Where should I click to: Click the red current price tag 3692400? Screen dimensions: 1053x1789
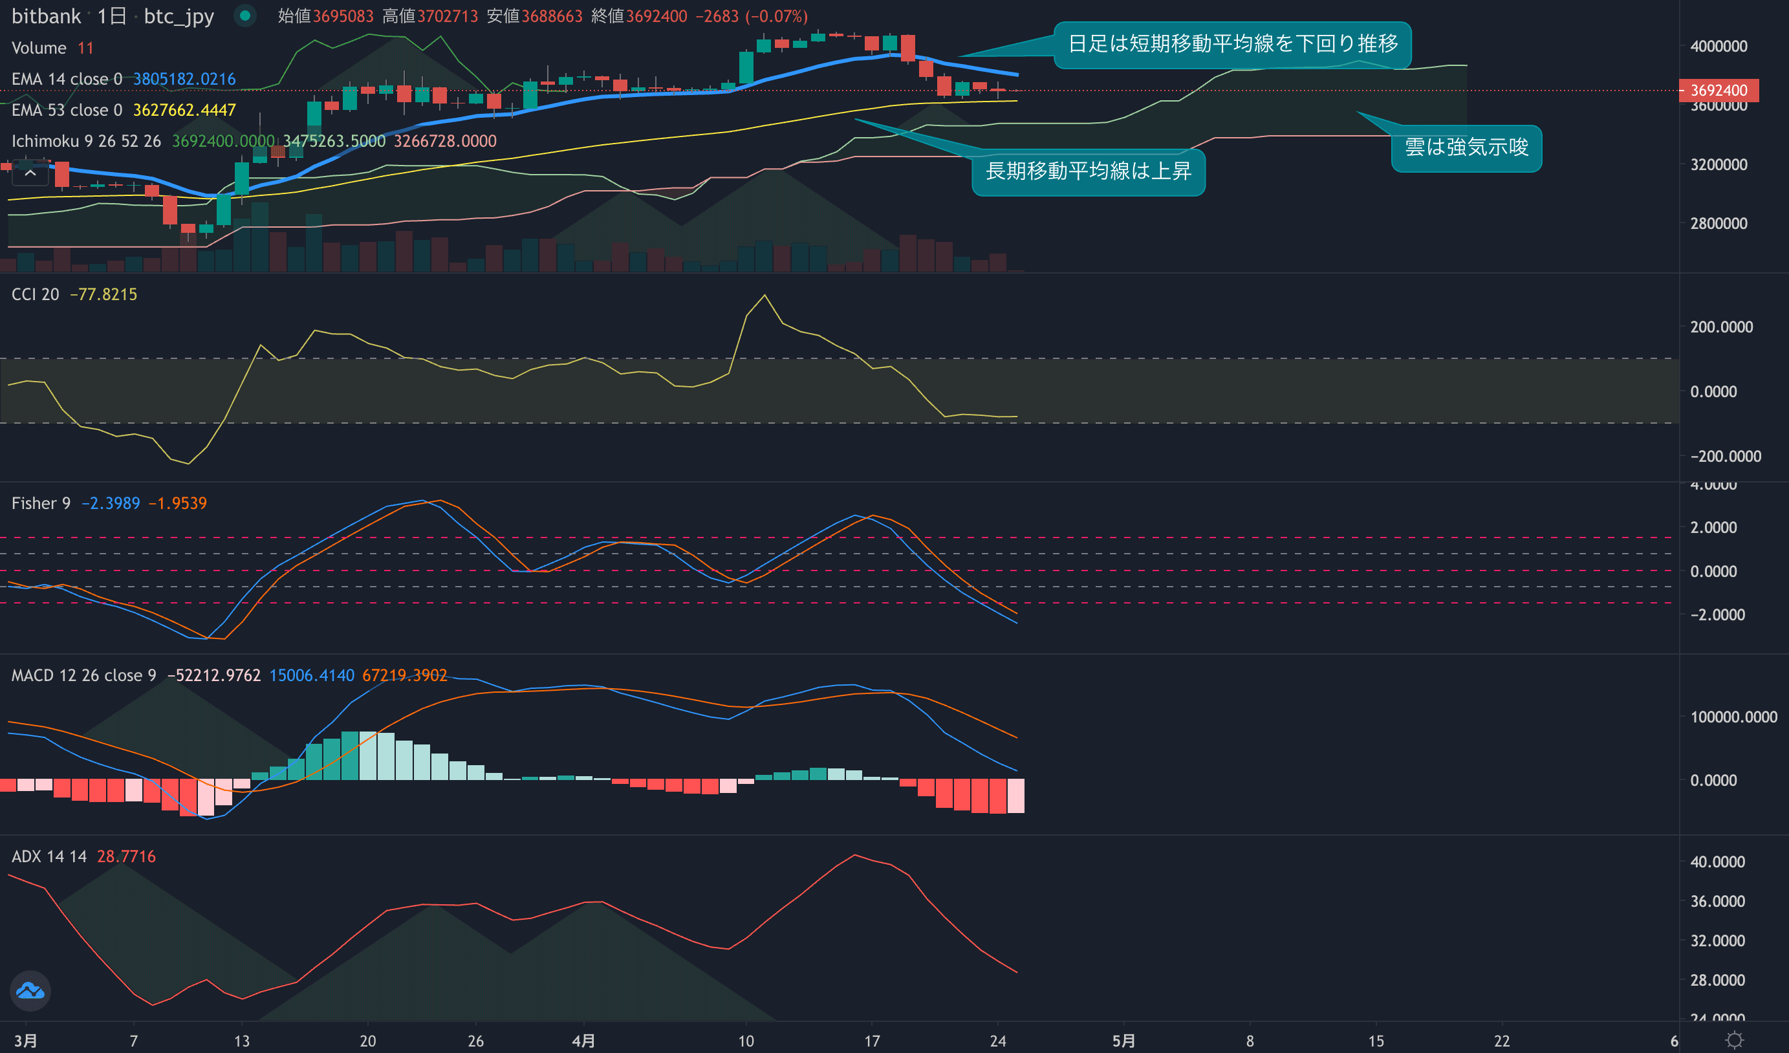click(x=1718, y=90)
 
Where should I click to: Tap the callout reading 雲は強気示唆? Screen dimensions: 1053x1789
click(x=1466, y=147)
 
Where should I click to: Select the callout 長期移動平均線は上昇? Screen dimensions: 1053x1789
click(x=1088, y=171)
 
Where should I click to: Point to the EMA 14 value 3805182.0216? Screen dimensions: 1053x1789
click(x=184, y=79)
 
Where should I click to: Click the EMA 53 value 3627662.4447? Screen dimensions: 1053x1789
click(x=184, y=110)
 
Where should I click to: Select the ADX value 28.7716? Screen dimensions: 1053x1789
click(x=126, y=856)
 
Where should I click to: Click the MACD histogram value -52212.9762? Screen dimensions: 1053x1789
click(x=213, y=675)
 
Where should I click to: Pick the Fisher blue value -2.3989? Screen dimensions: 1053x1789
click(x=111, y=503)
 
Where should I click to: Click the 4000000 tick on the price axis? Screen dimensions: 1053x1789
click(x=1718, y=46)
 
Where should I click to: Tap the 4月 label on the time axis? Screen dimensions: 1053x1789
click(x=583, y=1041)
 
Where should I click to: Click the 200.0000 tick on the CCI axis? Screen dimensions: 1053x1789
click(x=1721, y=327)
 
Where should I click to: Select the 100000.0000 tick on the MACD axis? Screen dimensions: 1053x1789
click(x=1733, y=717)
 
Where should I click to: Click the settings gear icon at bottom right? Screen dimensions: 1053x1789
click(x=1734, y=1040)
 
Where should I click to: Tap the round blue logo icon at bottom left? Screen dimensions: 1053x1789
click(x=30, y=990)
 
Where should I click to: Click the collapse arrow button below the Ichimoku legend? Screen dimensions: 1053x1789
click(x=30, y=173)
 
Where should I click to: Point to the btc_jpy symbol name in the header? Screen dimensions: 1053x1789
click(x=179, y=16)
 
